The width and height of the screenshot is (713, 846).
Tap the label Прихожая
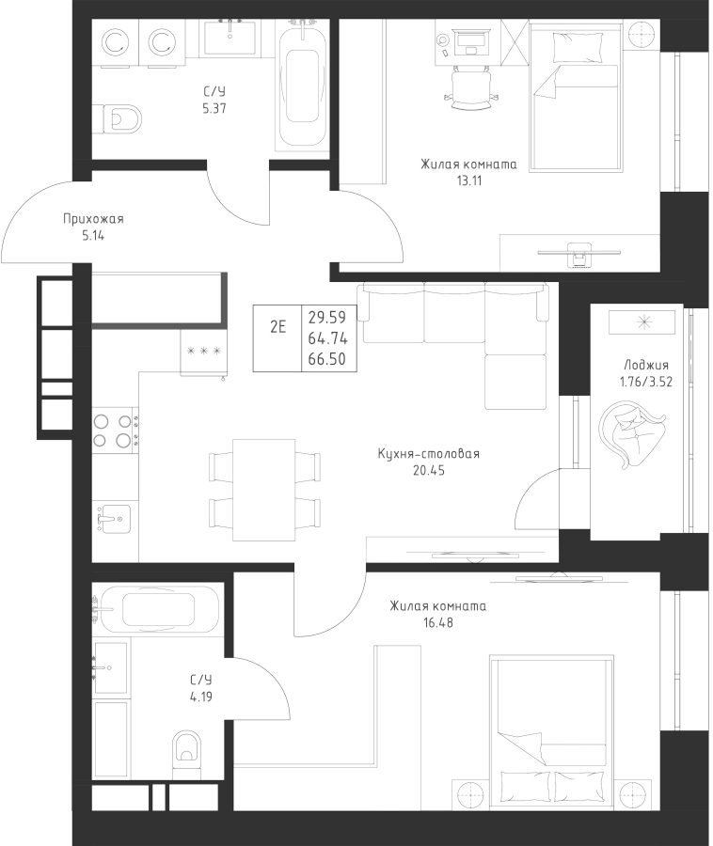93,219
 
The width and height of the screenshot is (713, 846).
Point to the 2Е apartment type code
277,327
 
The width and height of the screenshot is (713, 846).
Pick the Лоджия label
645,366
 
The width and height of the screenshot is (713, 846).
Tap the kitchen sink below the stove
112,517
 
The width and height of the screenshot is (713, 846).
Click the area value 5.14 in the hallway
93,235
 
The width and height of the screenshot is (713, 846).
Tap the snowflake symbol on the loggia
644,321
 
